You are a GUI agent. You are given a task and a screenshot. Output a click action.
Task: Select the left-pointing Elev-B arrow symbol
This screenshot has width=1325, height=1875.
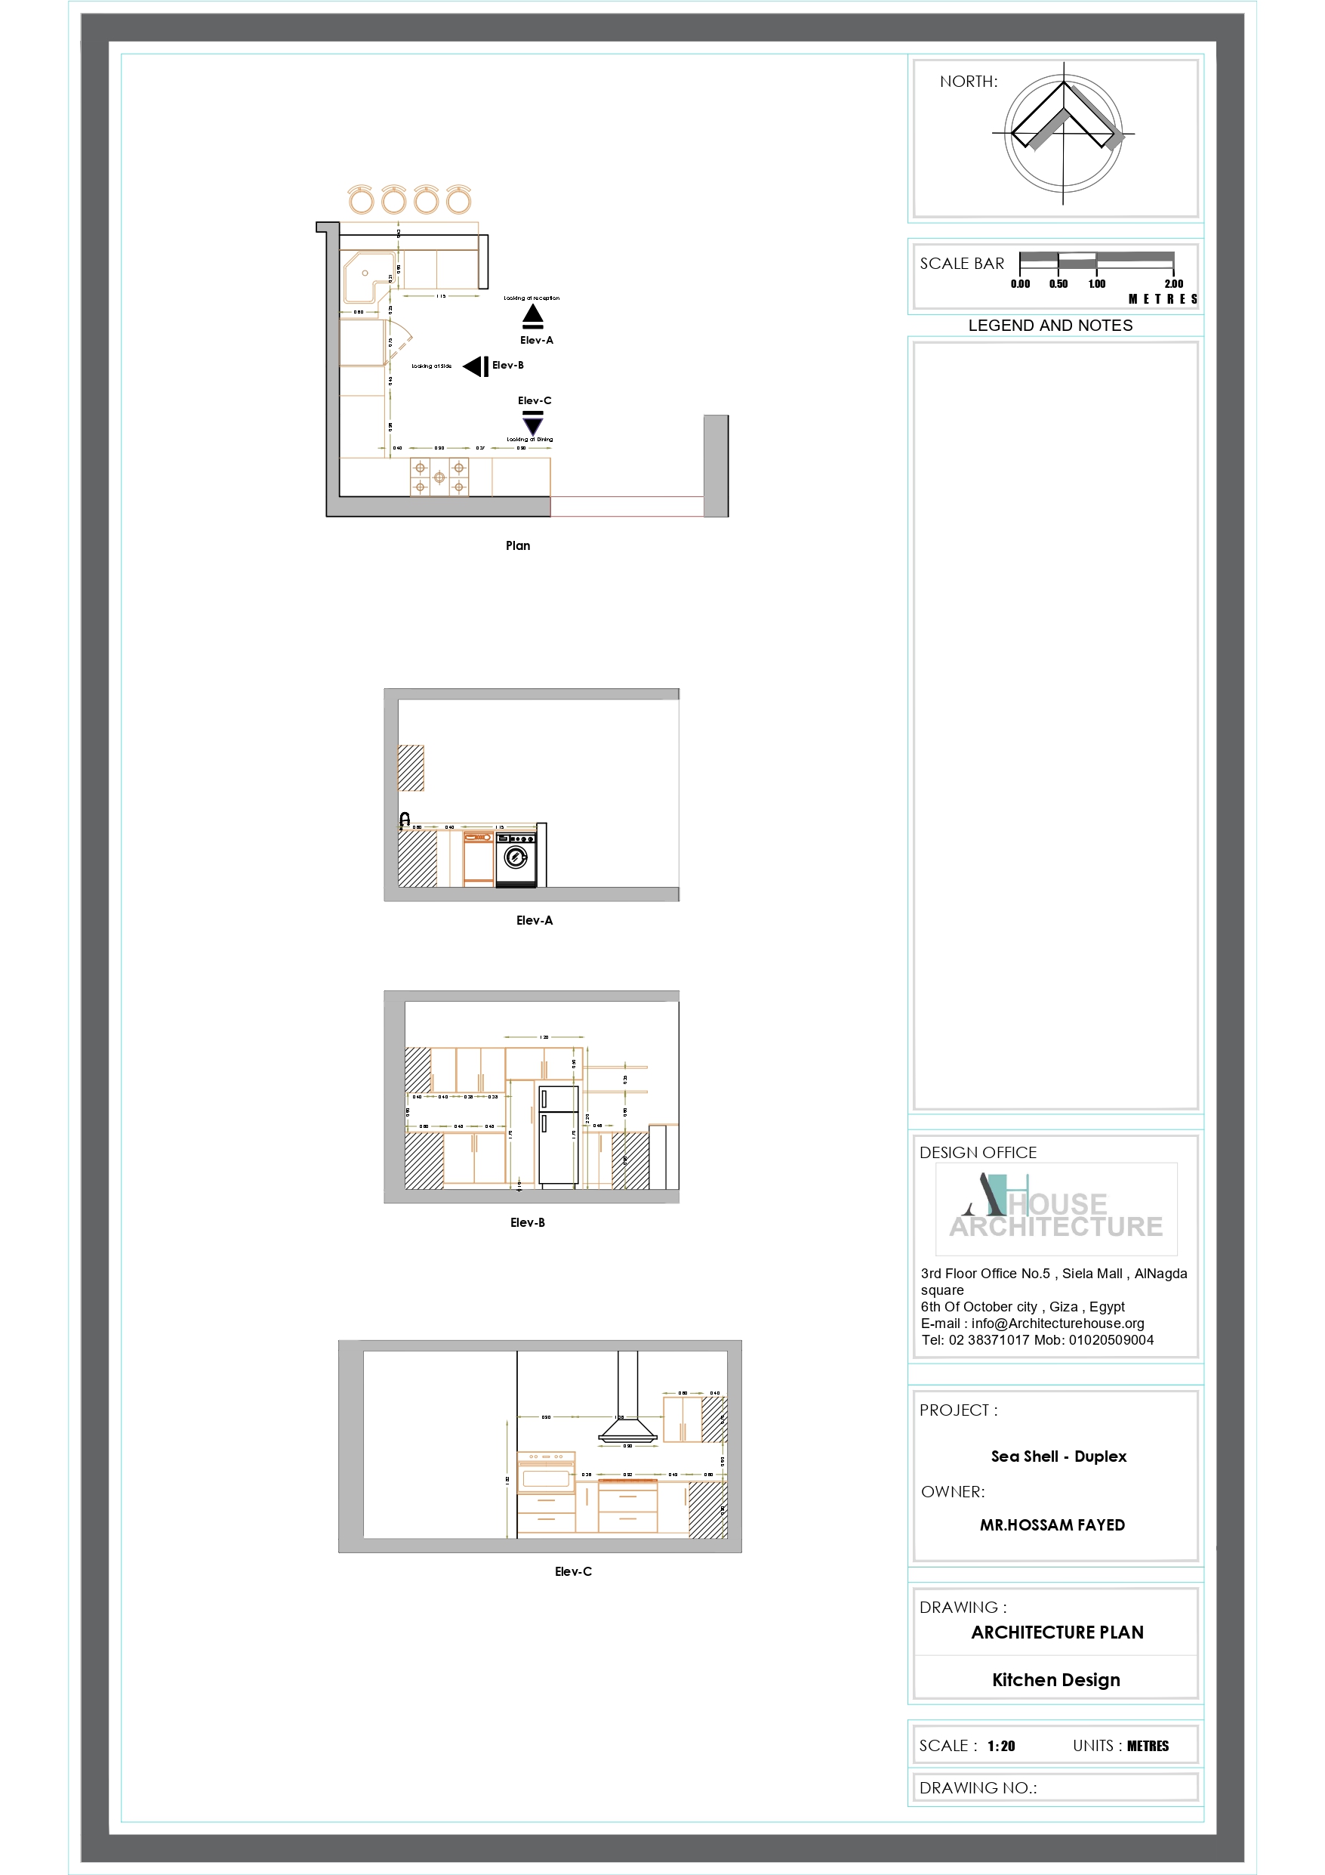pos(476,366)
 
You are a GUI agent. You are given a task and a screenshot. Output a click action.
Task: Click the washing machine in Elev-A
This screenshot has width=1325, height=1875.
pos(516,858)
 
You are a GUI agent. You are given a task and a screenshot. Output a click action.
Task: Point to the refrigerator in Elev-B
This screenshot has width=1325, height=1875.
pos(558,1135)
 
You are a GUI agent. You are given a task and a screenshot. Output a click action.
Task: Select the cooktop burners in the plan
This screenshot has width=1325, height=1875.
pos(439,477)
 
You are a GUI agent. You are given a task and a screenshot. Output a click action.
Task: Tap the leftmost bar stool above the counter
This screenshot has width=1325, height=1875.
pos(361,200)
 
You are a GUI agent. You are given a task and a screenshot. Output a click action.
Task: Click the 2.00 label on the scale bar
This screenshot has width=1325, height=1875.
pos(1173,284)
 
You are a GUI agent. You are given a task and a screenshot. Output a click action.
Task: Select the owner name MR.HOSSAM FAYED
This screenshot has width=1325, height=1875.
pos(1052,1524)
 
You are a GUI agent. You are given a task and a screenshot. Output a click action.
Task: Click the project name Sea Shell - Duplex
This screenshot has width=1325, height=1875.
pos(1058,1456)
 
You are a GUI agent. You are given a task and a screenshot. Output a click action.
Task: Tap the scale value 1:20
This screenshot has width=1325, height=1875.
pos(1001,1746)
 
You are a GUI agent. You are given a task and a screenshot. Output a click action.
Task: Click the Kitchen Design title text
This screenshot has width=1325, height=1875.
pos(1055,1680)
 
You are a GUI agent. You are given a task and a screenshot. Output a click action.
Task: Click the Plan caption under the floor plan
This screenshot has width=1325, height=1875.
pos(518,545)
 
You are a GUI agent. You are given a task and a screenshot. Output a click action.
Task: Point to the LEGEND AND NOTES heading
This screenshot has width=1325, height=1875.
pos(1050,325)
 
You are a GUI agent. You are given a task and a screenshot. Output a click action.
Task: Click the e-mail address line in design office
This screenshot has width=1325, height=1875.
pos(1032,1323)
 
